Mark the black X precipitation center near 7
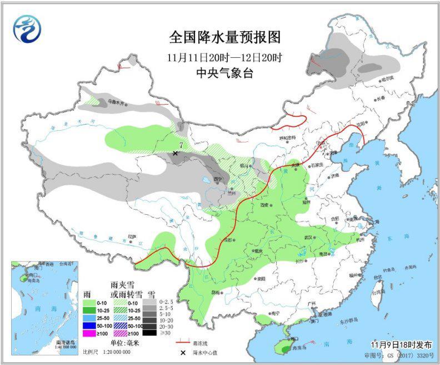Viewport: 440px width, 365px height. [175, 152]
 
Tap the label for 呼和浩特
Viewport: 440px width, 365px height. [287, 138]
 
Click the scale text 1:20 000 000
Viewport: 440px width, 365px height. [114, 352]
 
